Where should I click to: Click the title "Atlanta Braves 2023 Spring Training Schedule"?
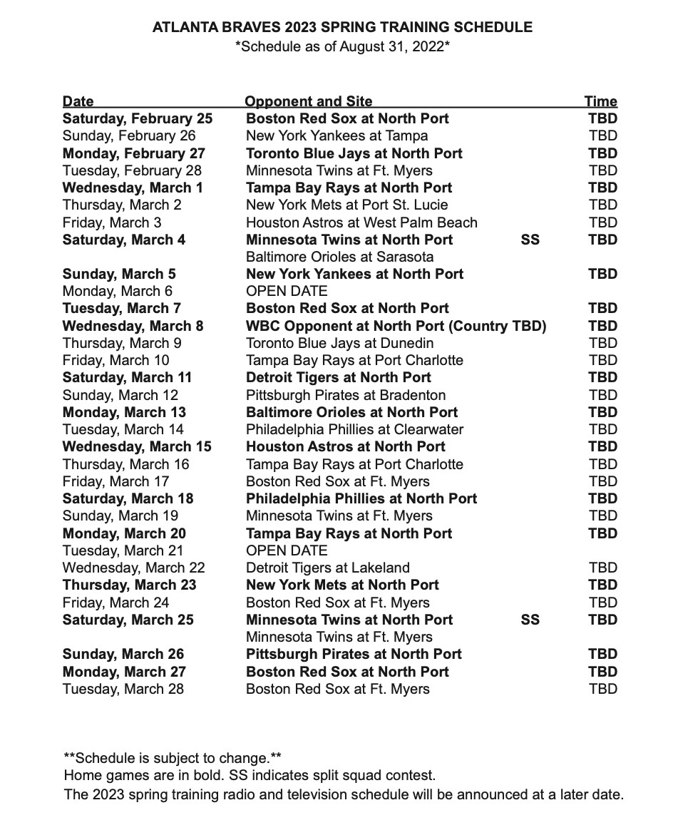tap(342, 28)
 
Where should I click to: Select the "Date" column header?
tap(78, 101)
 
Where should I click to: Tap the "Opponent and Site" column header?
tap(308, 101)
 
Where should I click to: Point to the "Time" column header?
tap(600, 101)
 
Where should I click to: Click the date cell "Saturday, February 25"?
tap(137, 118)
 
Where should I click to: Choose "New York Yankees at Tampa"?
tap(337, 135)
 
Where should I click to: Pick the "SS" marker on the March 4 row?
tap(530, 240)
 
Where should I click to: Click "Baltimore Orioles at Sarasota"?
tap(339, 257)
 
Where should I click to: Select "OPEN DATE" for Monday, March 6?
tap(287, 291)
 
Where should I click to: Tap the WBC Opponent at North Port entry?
tap(396, 326)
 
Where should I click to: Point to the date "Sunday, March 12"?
tap(120, 395)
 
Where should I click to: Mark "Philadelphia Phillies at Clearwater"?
tap(354, 429)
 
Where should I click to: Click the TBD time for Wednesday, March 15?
tap(602, 446)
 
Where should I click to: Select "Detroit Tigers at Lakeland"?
tap(327, 568)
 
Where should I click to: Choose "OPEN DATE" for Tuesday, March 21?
tap(287, 550)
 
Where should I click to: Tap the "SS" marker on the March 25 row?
tap(530, 620)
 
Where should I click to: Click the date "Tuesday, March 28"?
tap(123, 689)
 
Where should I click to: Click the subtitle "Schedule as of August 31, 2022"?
tap(342, 48)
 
